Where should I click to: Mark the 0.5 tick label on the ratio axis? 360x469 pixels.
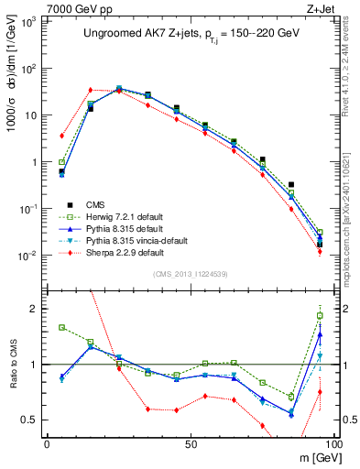(31, 420)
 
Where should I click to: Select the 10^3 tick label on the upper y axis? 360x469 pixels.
(29, 21)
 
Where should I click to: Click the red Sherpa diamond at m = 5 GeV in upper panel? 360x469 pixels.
(61, 136)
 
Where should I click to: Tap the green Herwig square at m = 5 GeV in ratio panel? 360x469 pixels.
(61, 327)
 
